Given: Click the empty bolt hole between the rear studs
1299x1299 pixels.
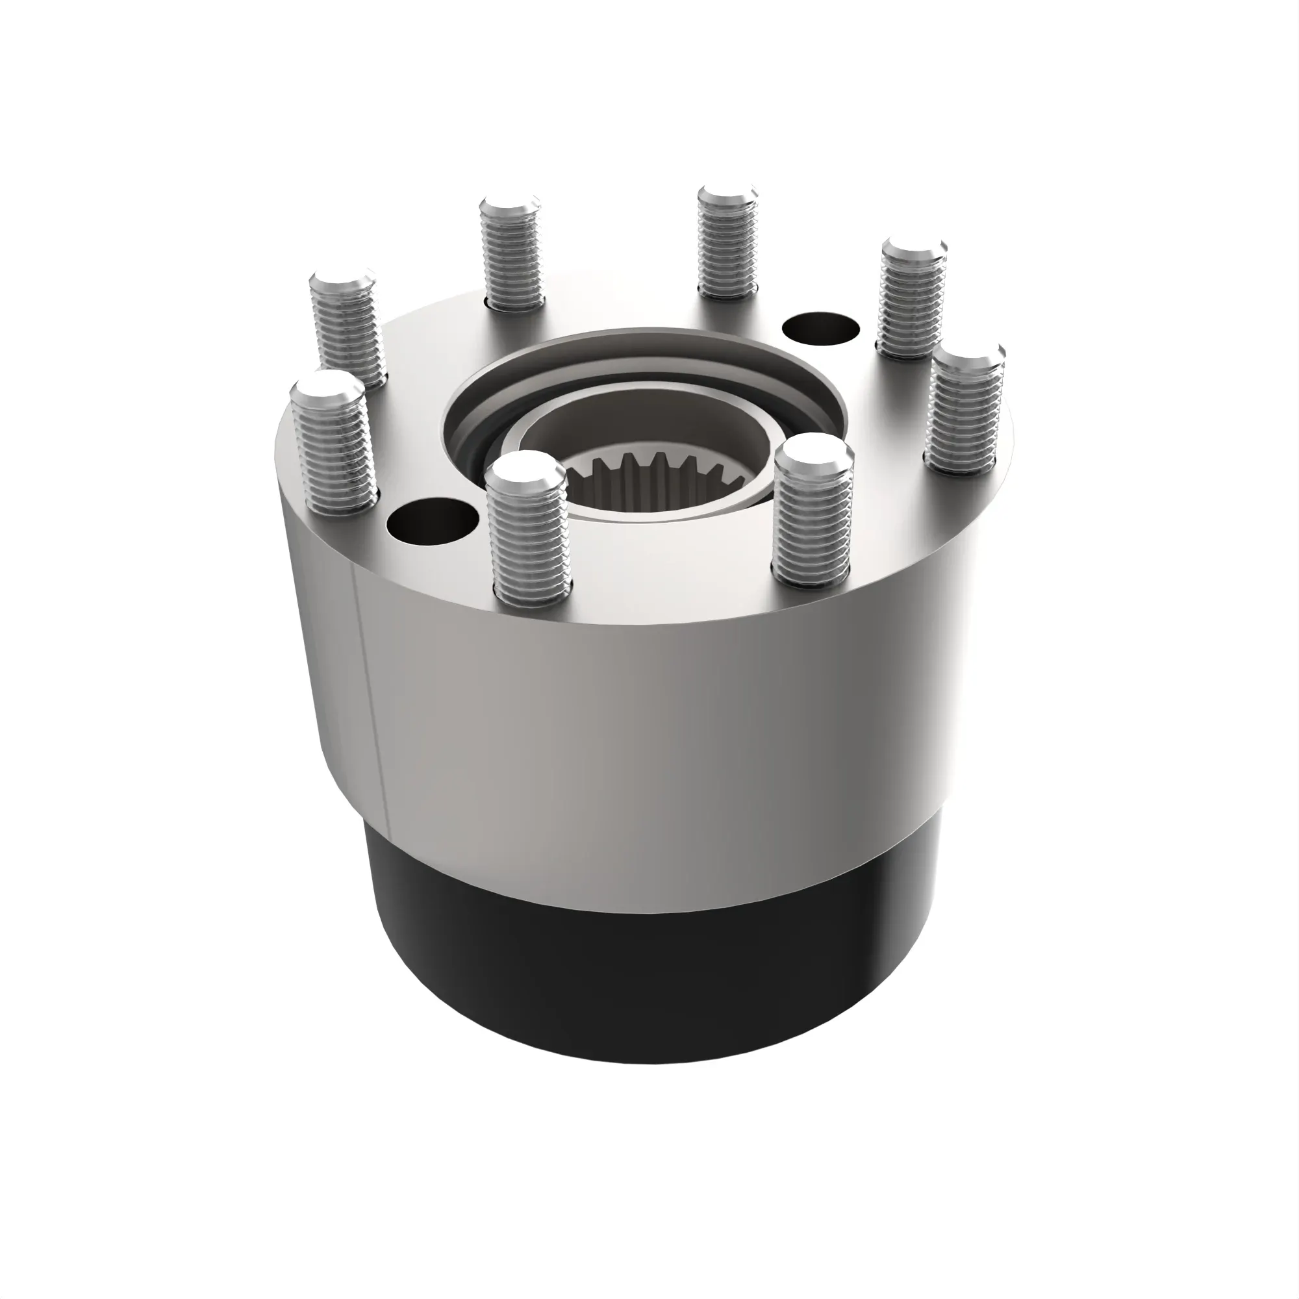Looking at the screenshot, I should pos(822,329).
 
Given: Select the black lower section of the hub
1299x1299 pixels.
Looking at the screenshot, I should pos(646,955).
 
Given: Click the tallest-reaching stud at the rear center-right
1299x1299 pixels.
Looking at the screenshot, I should pos(728,246).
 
